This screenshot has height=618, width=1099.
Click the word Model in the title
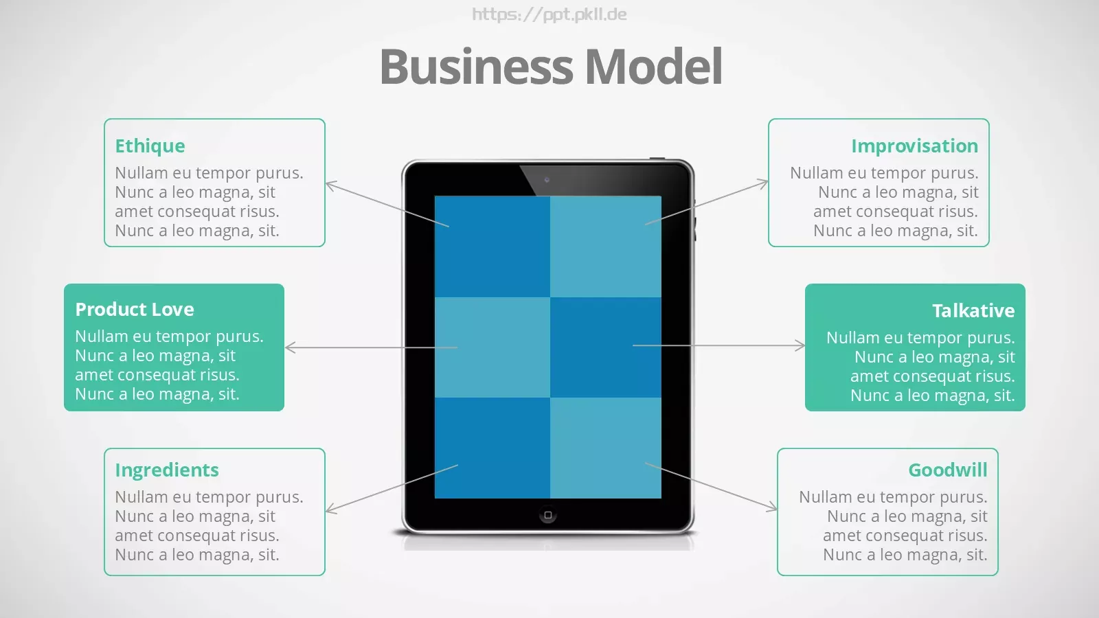[x=653, y=66]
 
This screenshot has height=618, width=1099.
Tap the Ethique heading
[x=150, y=146]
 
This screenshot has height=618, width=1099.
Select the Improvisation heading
[x=914, y=146]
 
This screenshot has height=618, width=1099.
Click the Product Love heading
[x=135, y=309]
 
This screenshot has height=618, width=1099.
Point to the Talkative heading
[x=973, y=310]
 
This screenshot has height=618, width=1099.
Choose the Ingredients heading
[x=167, y=470]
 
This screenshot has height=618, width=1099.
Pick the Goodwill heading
[x=947, y=470]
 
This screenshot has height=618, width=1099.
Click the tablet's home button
[x=548, y=515]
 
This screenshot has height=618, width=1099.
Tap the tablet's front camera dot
[x=547, y=180]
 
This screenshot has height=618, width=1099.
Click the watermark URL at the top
[x=549, y=14]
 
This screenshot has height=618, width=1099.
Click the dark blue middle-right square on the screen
[x=605, y=347]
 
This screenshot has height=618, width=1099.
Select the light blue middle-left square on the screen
[x=492, y=347]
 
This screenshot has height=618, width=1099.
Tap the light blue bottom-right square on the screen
[x=605, y=448]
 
